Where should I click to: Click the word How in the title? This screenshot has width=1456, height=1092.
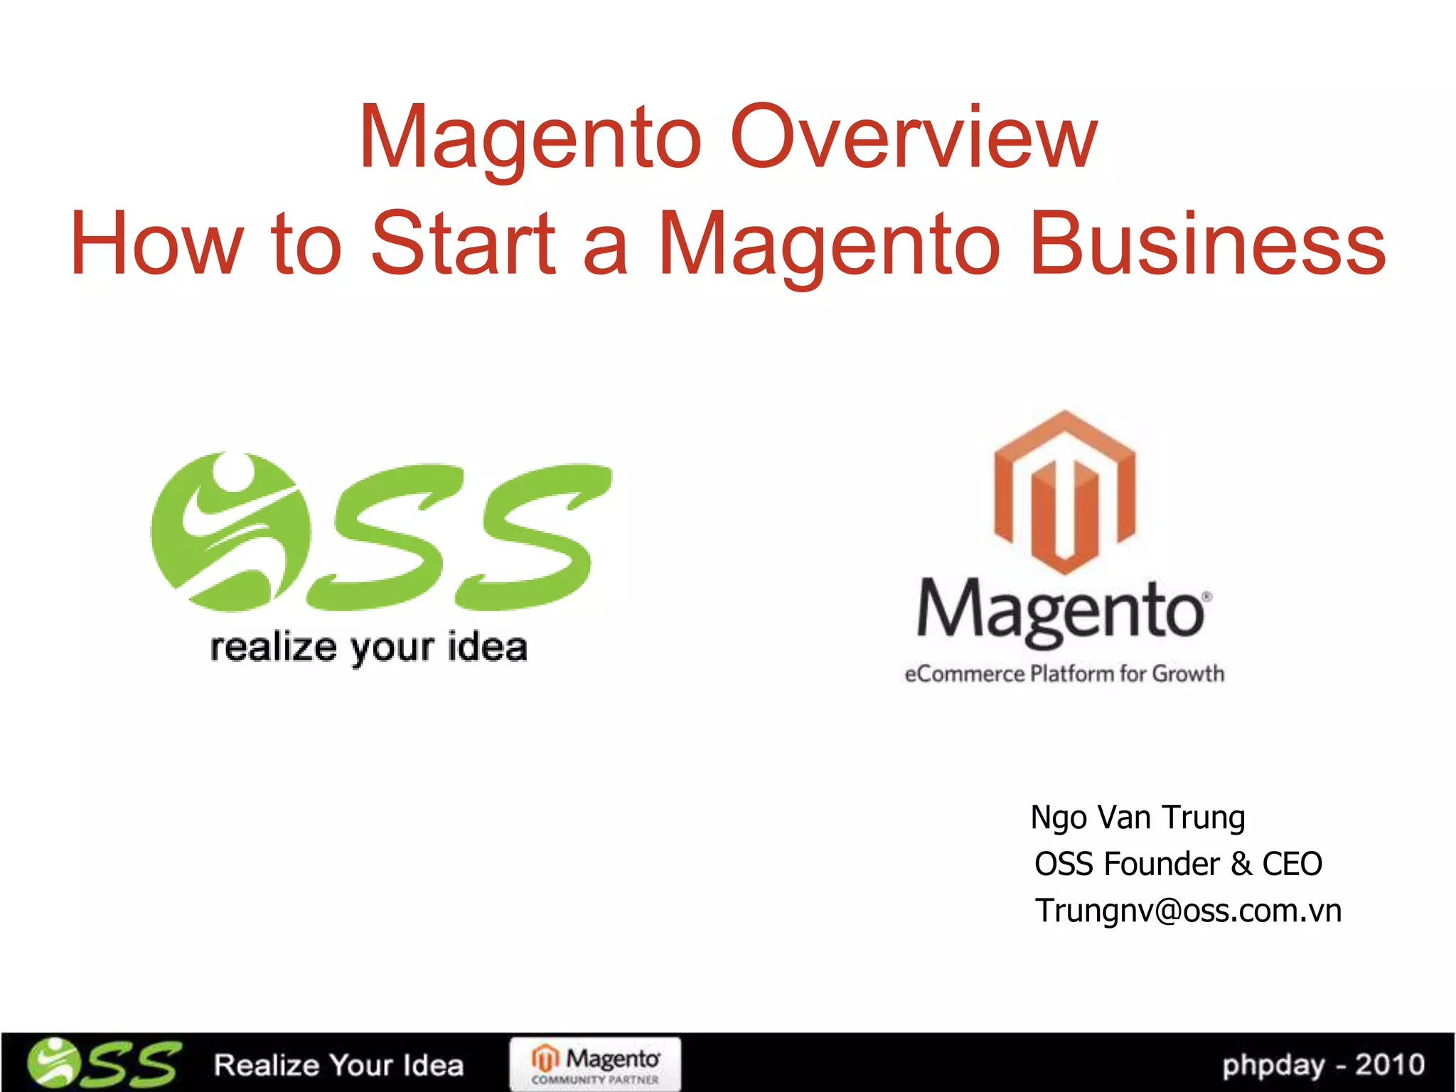coord(157,244)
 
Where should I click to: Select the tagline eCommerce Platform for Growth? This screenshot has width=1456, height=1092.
coord(1064,673)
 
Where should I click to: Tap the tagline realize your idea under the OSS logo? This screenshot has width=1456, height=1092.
coord(369,648)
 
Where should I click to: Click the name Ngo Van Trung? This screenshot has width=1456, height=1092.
coord(1137,818)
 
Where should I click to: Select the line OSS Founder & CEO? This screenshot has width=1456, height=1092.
coord(1178,864)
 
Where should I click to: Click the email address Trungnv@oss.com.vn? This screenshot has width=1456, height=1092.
coord(1188,911)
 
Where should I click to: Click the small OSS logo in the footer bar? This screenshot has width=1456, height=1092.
coord(104,1064)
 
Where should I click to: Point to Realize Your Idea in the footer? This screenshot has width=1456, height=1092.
coord(338,1065)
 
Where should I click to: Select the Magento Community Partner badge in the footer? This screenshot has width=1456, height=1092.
coord(595,1064)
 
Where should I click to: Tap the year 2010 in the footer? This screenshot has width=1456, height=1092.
coord(1389,1065)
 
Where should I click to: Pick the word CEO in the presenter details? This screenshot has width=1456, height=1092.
coord(1292,864)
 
